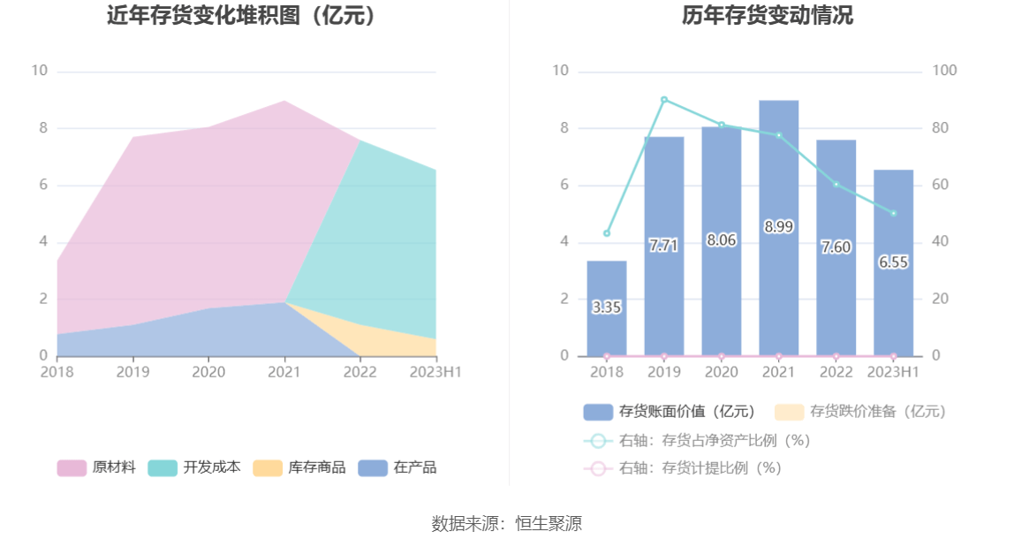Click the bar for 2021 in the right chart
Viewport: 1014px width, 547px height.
coord(778,177)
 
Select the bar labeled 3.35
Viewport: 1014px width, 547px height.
coord(607,308)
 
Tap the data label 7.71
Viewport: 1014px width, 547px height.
coord(663,246)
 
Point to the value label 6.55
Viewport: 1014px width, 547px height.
coord(893,262)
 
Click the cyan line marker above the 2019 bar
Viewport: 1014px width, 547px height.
coord(664,100)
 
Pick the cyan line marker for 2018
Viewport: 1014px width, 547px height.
coord(607,233)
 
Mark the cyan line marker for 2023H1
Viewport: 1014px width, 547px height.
coord(893,213)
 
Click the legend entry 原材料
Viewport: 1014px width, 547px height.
coord(97,467)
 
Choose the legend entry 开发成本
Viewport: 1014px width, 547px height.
coord(194,467)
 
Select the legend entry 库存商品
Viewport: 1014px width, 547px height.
coord(299,467)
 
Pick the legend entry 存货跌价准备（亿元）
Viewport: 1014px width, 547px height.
coord(860,411)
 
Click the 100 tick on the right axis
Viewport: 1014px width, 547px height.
coord(945,71)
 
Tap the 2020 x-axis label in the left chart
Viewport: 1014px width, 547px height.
coord(208,372)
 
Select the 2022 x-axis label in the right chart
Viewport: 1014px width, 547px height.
coord(836,372)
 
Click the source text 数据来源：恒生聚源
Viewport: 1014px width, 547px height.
coord(507,523)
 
